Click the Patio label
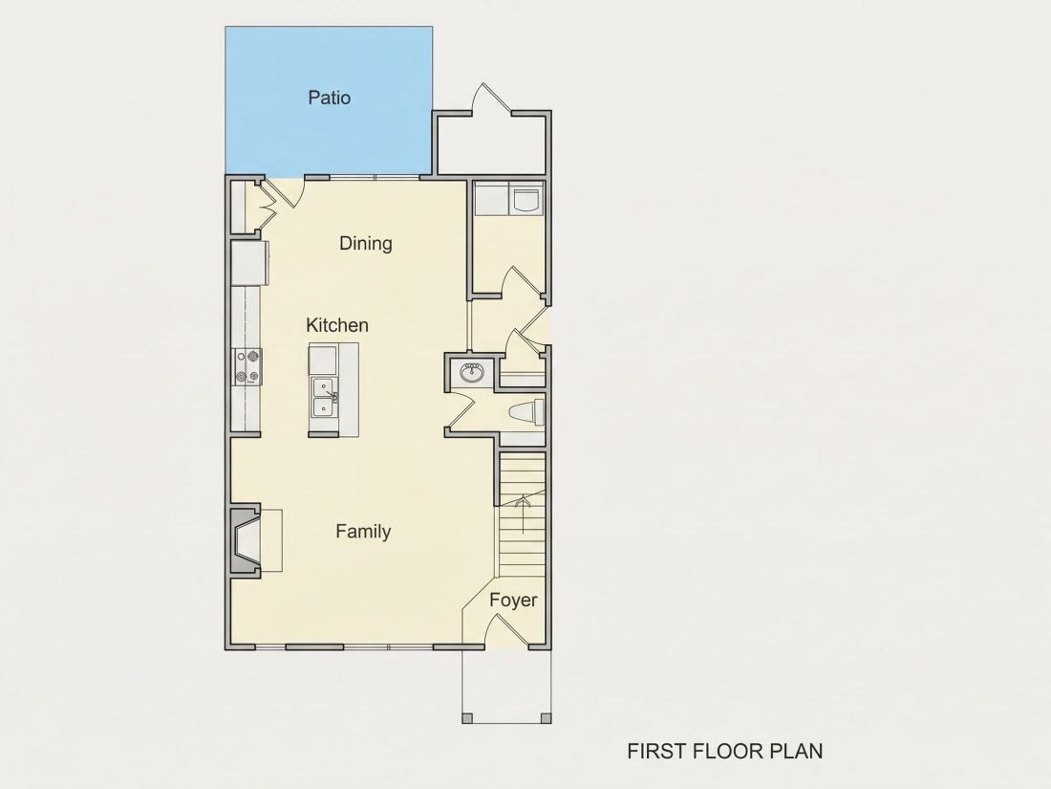coord(329,98)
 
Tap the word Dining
coord(365,244)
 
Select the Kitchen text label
coord(336,325)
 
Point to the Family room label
coord(363,532)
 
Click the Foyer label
coord(513,601)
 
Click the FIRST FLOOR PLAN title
coord(724,752)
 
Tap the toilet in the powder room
coord(526,412)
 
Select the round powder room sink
coord(473,372)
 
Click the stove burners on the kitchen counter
coord(247,367)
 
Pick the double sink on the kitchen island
coord(325,397)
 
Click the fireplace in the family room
coord(246,540)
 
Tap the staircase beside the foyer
coord(522,515)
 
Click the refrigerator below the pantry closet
coord(250,263)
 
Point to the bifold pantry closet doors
coord(268,204)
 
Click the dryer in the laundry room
coord(526,199)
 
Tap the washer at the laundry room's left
coord(492,199)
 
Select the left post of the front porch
coord(468,718)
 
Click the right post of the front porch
coord(547,718)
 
